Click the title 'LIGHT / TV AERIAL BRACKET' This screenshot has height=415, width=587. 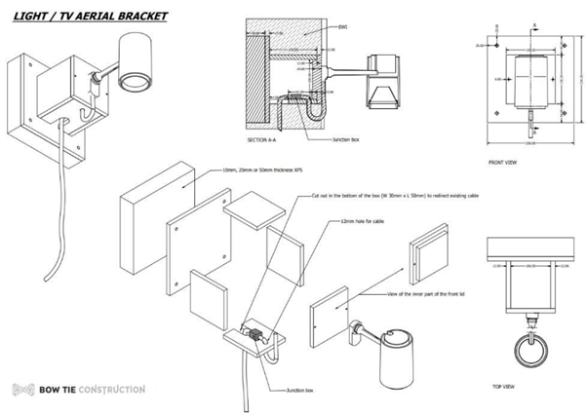pyautogui.click(x=85, y=17)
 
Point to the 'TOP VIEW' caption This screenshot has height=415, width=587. pyautogui.click(x=501, y=386)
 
